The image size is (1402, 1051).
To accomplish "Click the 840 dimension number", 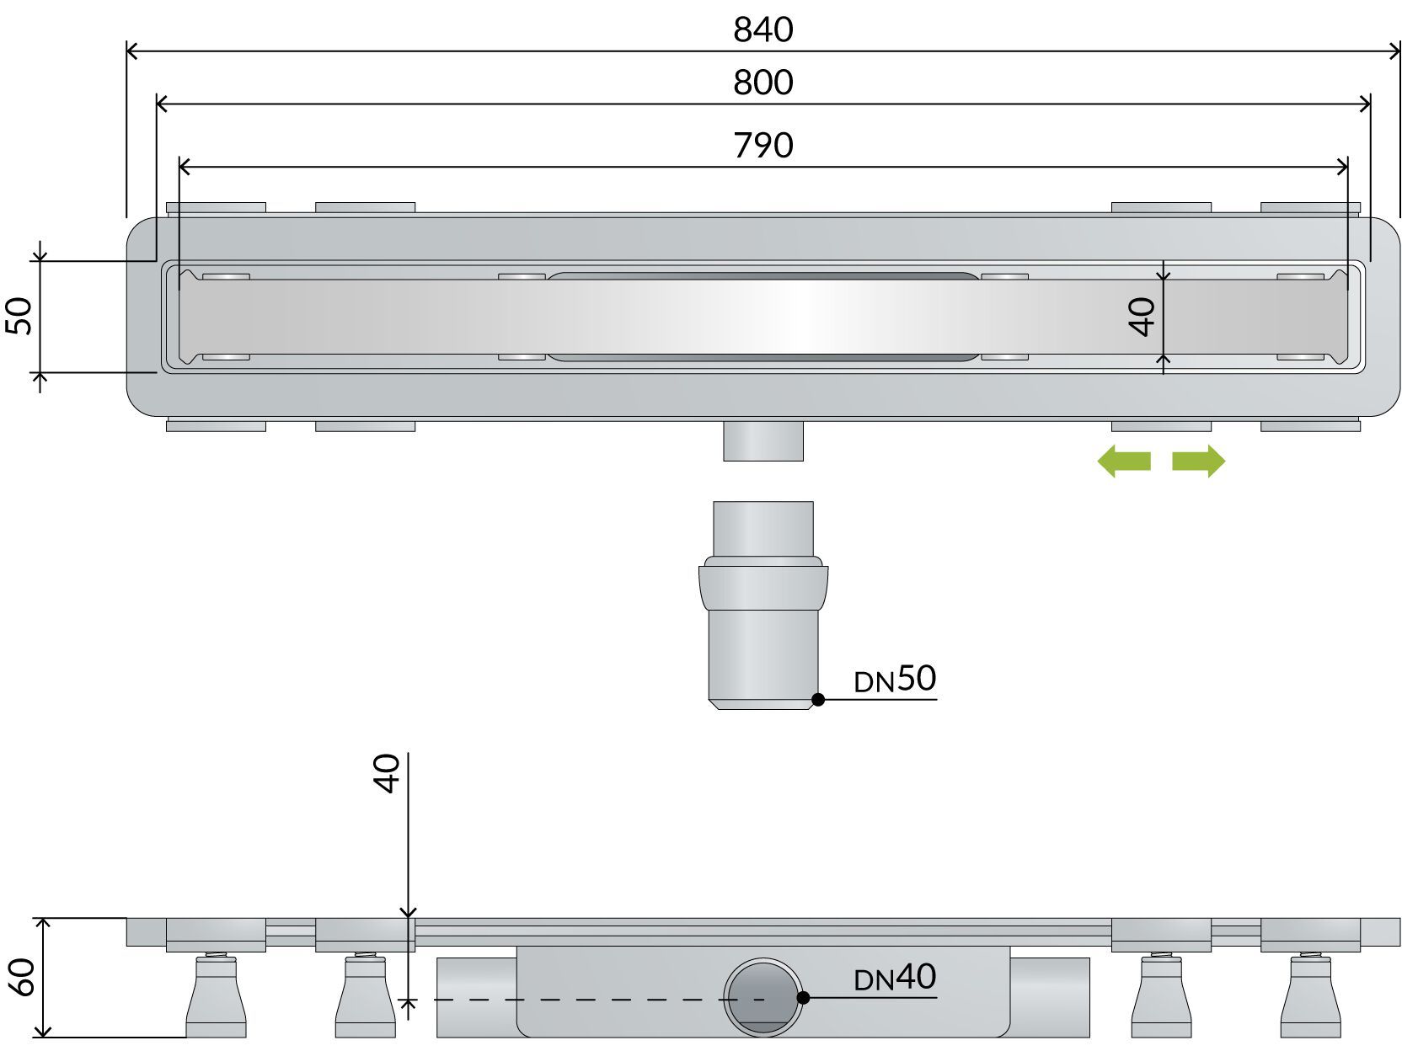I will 763,30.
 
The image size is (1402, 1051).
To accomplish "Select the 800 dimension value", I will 763,83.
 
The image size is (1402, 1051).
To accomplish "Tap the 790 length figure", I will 763,146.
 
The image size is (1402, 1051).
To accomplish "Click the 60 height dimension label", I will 22,977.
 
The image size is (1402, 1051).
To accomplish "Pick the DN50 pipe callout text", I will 895,679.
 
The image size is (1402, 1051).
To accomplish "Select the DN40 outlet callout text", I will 895,978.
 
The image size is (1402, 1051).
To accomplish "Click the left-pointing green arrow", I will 1123,461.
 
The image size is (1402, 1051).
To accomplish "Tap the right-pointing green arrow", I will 1199,461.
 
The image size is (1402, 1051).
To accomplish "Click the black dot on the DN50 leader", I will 817,699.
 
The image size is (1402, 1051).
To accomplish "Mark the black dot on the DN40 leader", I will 803,997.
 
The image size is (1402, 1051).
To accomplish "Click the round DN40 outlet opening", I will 762,998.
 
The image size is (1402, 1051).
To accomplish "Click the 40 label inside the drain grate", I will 1143,317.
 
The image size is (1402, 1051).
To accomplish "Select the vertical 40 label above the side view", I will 387,773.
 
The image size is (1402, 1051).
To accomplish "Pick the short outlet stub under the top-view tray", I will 763,440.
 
